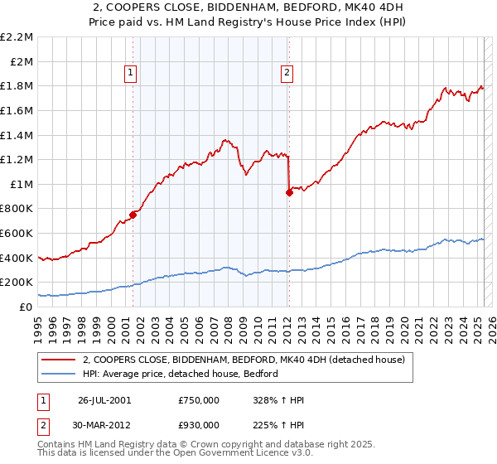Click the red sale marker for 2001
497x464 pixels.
[x=133, y=215]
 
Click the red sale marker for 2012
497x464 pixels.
[x=289, y=192]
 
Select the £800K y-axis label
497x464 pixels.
[x=18, y=209]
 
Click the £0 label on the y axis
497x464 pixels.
[x=27, y=307]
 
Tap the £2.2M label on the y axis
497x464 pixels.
[x=18, y=37]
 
